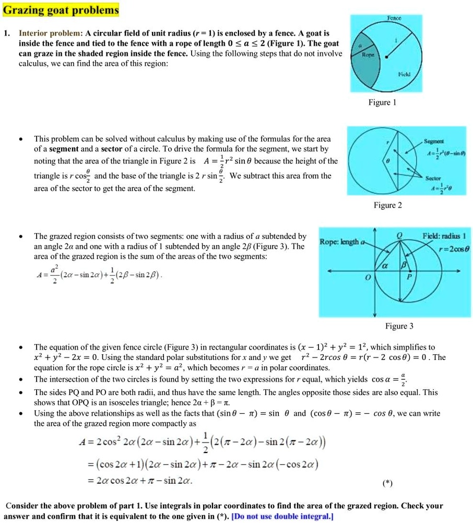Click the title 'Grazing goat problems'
(x=60, y=10)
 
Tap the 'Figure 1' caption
(x=382, y=102)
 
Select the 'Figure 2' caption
(x=387, y=205)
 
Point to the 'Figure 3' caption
(x=399, y=326)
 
